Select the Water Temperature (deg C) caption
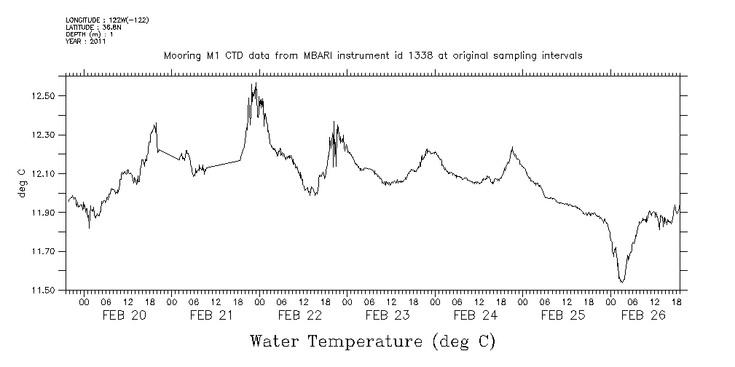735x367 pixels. [x=372, y=341]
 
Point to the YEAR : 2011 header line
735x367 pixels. [x=86, y=42]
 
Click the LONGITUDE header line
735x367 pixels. [x=107, y=20]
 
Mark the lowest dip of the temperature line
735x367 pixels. [x=621, y=282]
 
